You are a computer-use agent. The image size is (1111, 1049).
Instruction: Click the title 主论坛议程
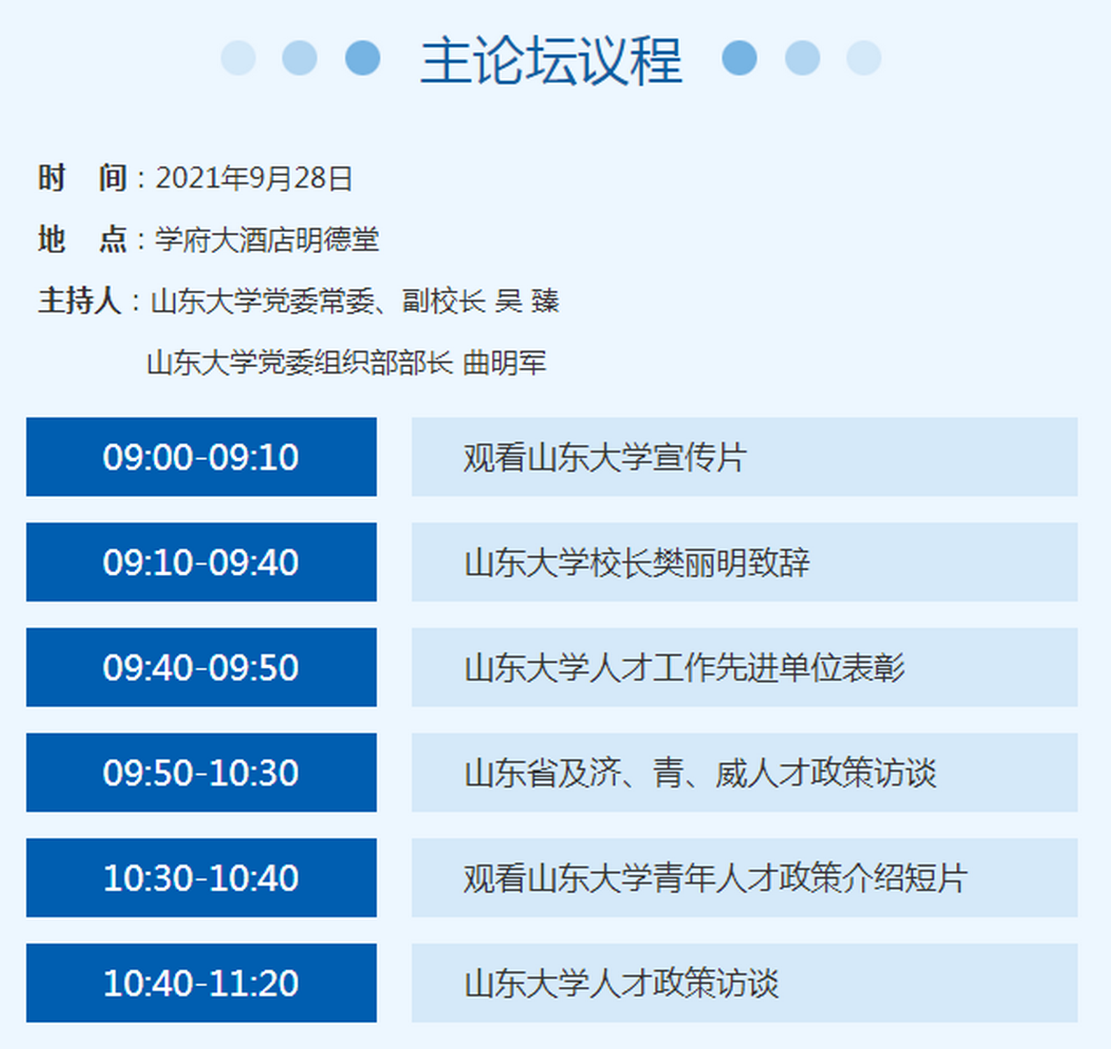point(551,60)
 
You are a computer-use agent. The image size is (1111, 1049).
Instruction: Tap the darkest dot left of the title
point(363,58)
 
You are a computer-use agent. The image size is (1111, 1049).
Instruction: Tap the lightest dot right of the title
point(864,58)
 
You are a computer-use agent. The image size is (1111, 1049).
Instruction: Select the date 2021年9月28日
point(253,179)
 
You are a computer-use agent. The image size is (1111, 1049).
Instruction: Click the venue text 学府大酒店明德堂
point(267,240)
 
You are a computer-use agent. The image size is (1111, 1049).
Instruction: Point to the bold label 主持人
point(79,301)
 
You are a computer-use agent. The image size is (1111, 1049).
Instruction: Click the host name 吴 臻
point(527,301)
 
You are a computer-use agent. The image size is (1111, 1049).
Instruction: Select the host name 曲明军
point(504,362)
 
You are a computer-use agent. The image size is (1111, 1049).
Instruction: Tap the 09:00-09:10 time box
point(201,457)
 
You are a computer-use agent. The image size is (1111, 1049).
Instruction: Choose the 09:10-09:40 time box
point(201,562)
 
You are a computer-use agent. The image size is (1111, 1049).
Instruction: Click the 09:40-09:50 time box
point(201,668)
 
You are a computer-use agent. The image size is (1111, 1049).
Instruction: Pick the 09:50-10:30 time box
point(201,772)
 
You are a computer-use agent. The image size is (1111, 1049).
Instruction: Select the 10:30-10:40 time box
point(201,878)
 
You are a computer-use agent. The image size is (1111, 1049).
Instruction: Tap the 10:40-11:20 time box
point(201,983)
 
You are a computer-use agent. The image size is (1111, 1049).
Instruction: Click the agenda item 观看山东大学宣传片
point(605,457)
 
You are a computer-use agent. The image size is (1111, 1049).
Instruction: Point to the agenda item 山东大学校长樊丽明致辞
point(636,562)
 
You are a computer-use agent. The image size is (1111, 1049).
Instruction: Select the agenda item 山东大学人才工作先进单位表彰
point(684,668)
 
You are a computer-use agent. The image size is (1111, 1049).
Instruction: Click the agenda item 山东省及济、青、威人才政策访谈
point(700,772)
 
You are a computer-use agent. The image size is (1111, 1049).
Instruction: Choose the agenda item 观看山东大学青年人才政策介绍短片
point(715,878)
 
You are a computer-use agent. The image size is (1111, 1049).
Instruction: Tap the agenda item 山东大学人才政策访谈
point(621,983)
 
